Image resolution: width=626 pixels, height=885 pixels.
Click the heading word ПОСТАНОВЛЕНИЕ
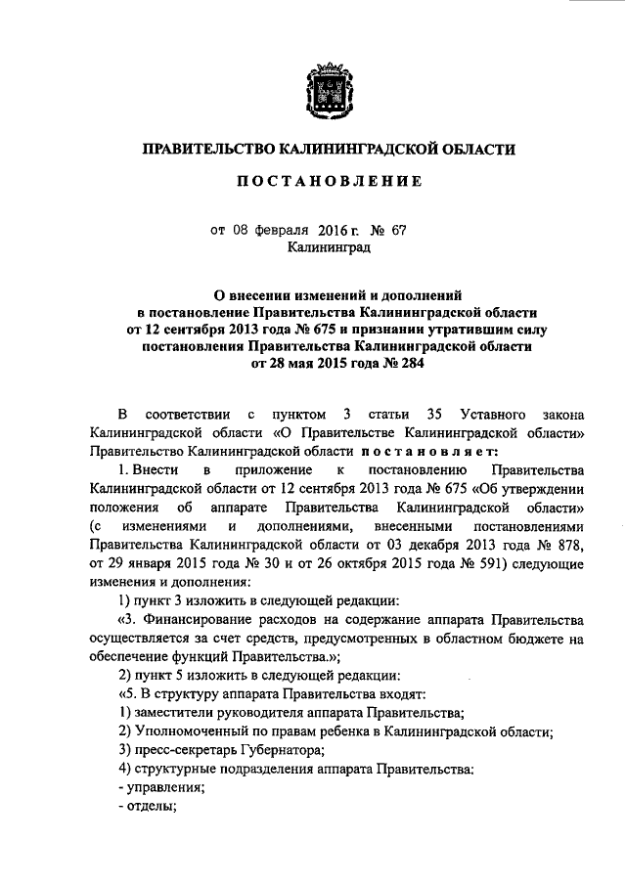pos(325,181)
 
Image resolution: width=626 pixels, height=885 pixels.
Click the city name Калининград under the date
pos(328,249)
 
